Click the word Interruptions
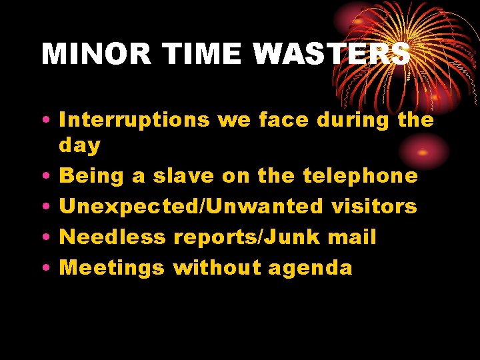(x=134, y=120)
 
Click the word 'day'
(x=80, y=145)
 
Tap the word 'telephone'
(x=361, y=176)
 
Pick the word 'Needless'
(x=113, y=237)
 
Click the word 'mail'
(x=357, y=237)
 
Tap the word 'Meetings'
(x=112, y=268)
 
